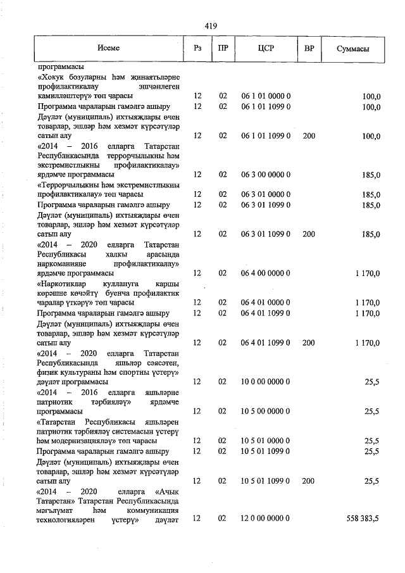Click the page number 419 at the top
click(211, 26)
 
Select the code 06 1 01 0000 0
click(265, 96)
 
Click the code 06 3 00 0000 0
click(265, 175)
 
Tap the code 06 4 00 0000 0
click(265, 273)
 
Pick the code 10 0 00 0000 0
click(265, 382)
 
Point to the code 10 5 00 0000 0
click(265, 411)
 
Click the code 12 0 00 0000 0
click(265, 519)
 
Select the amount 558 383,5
click(363, 519)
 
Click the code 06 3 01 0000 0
click(265, 194)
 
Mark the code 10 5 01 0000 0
click(265, 441)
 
